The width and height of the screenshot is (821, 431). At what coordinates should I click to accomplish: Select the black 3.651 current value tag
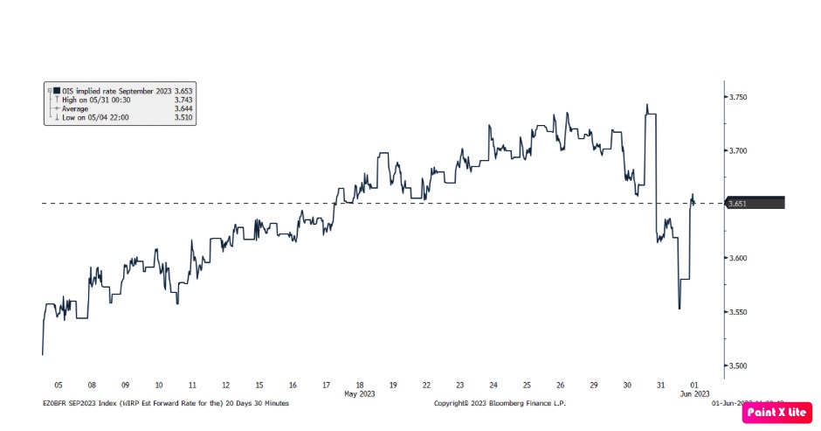click(756, 203)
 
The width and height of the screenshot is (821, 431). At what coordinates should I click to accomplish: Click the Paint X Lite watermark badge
click(776, 411)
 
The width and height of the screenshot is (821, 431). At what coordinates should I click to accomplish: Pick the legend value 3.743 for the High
click(182, 100)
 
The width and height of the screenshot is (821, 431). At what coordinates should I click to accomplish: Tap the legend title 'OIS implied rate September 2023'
click(111, 90)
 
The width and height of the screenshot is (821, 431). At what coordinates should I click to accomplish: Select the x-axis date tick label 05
click(57, 384)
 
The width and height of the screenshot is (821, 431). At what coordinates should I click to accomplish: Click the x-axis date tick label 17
click(327, 384)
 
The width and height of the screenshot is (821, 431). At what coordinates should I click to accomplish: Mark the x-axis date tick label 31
click(661, 384)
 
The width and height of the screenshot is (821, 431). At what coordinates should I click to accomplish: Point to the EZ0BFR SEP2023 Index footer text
click(166, 403)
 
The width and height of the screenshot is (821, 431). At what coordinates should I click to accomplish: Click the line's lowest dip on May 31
click(680, 308)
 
